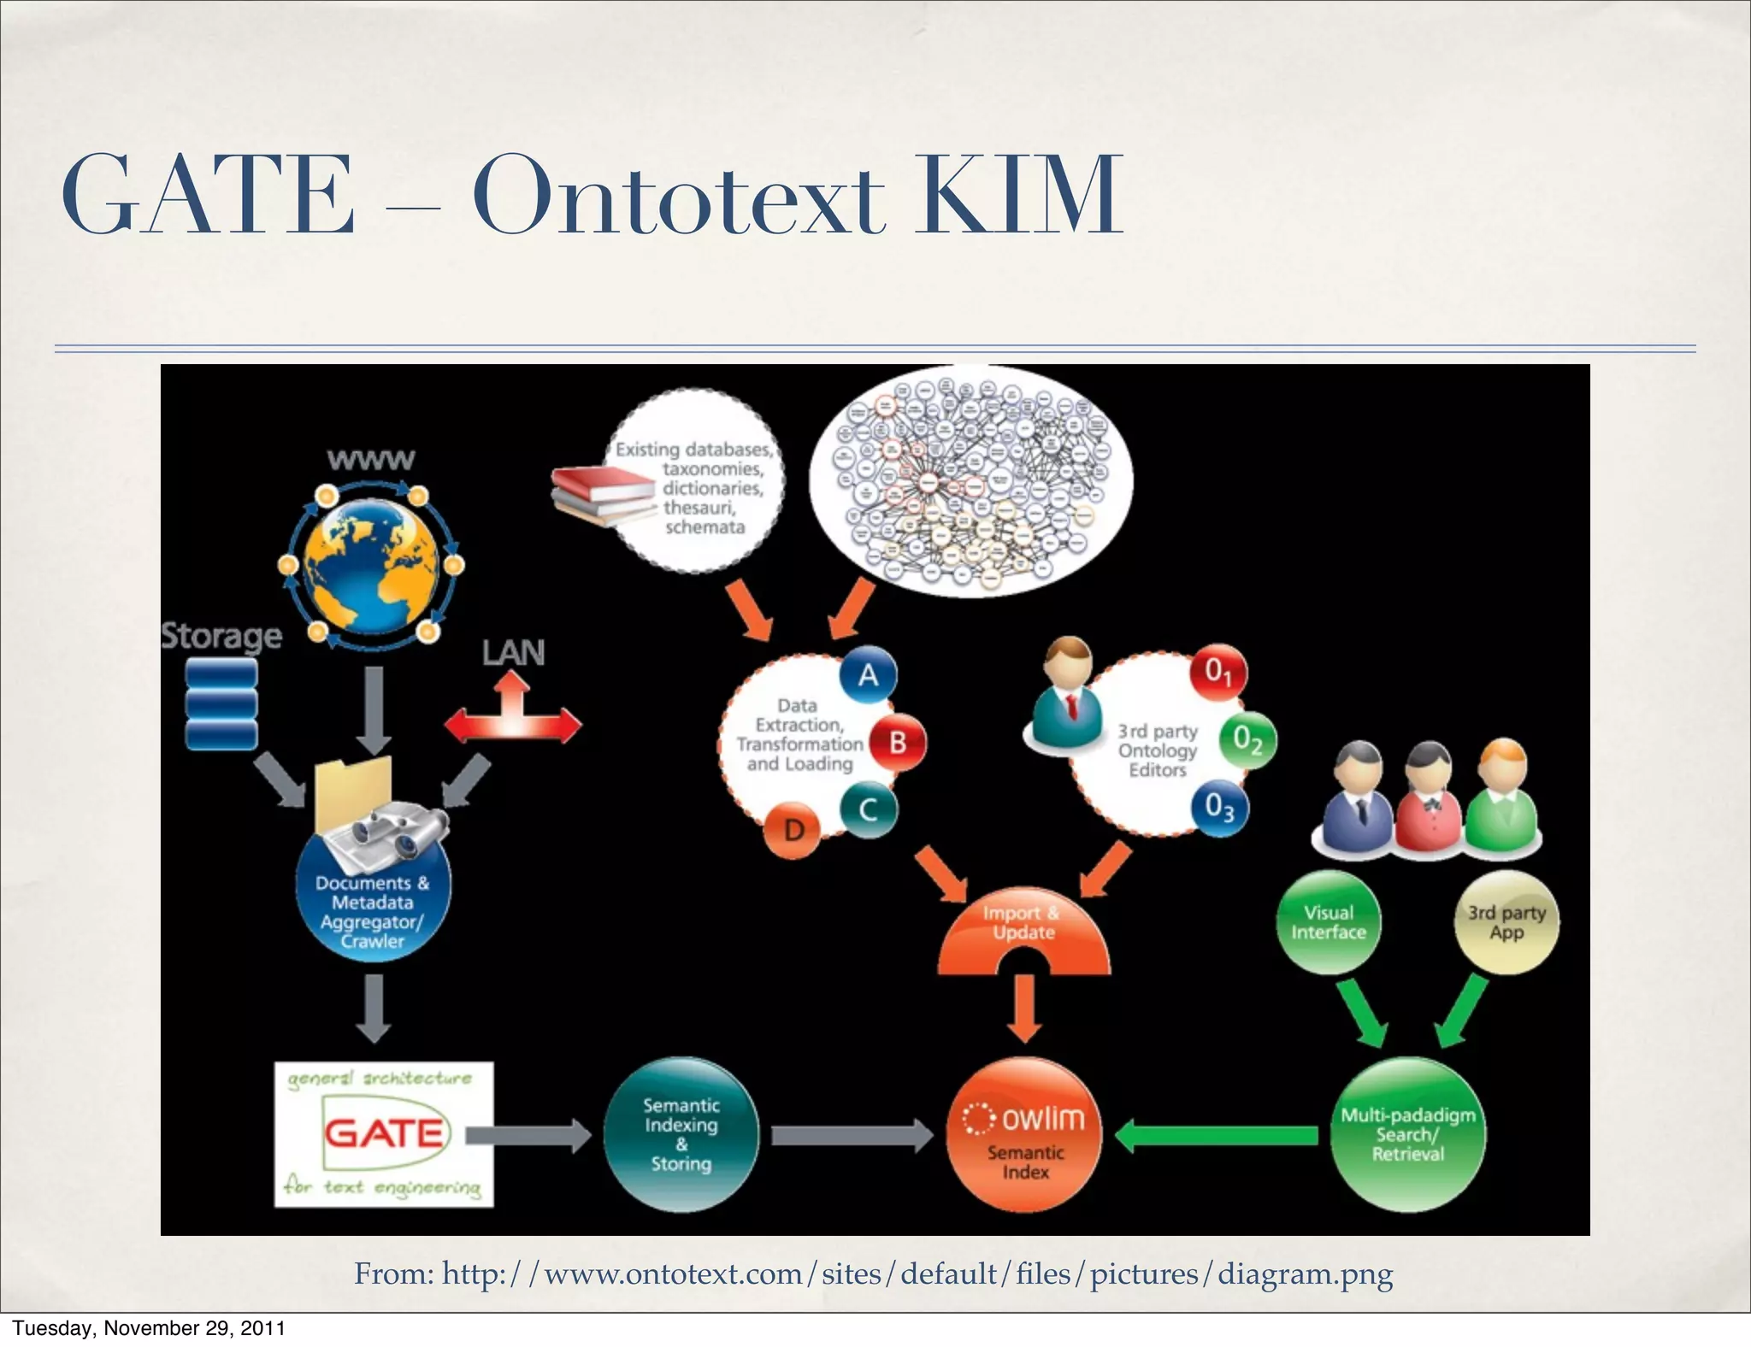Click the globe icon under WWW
click(x=370, y=564)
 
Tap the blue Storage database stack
click(x=221, y=706)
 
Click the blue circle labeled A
click(x=868, y=675)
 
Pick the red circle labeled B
click(x=898, y=742)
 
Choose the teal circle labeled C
click(x=868, y=809)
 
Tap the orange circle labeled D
click(x=793, y=829)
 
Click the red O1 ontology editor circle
click(x=1218, y=672)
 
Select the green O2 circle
click(x=1247, y=740)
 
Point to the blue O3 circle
click(x=1219, y=806)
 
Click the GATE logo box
click(x=384, y=1133)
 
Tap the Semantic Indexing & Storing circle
click(x=681, y=1134)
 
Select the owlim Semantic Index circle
click(x=1025, y=1134)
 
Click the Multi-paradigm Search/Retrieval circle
click(x=1407, y=1134)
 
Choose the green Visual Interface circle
click(x=1328, y=922)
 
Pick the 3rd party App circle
click(x=1506, y=922)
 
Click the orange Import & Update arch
click(x=1023, y=932)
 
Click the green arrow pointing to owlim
click(x=1218, y=1135)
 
